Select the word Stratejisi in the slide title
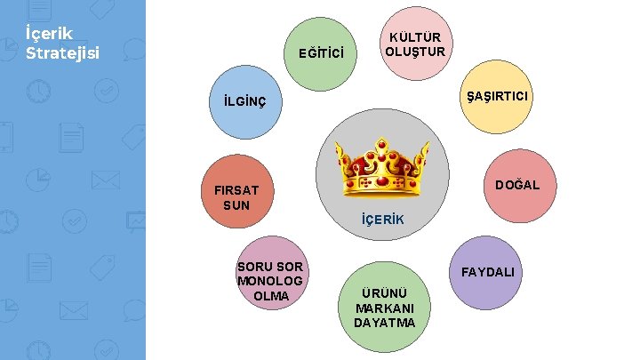[x=62, y=52]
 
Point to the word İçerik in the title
[x=52, y=36]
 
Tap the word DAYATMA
[x=384, y=322]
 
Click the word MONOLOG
[x=270, y=281]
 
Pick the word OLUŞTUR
[x=415, y=51]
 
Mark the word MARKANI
[x=383, y=308]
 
